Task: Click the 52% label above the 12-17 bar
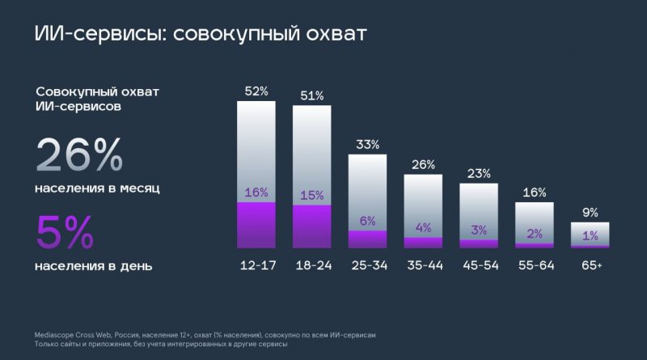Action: point(256,91)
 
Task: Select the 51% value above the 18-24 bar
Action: point(312,96)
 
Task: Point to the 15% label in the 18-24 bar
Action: point(312,195)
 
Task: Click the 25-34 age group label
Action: point(368,265)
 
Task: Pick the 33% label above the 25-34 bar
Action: point(368,145)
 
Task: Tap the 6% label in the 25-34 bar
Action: point(368,221)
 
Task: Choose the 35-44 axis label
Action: point(424,265)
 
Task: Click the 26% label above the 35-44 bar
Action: point(424,165)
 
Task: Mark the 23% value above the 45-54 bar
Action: point(480,173)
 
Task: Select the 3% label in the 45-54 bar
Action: point(480,231)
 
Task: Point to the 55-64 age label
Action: point(535,265)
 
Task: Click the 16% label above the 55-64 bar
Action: point(535,193)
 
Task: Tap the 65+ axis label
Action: point(590,265)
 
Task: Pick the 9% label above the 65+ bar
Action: point(590,213)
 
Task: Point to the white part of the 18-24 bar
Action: point(312,150)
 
